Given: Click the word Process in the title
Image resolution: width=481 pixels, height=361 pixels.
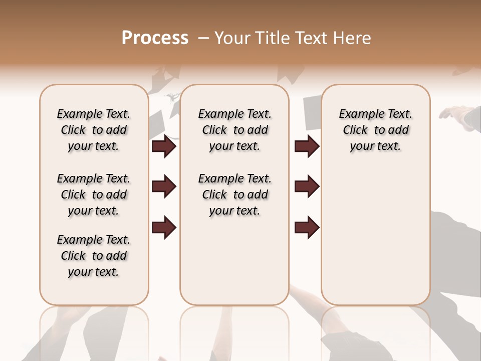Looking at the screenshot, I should coord(155,38).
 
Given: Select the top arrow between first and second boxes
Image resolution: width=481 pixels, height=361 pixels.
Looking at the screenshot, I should coord(164,146).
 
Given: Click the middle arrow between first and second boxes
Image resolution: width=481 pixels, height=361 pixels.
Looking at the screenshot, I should coord(164,187).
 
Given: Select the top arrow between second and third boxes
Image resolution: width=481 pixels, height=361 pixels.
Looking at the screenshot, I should coord(307,146).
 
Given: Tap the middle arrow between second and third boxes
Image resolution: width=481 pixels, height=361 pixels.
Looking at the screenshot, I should coord(307,187).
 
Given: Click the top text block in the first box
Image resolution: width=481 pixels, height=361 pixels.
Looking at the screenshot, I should coord(94,130).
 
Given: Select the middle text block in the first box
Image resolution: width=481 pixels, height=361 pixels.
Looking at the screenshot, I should coord(94,195).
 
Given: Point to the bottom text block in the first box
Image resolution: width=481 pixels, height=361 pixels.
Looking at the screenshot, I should coord(94,256).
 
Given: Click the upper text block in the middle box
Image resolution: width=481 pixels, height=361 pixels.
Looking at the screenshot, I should coord(234,130).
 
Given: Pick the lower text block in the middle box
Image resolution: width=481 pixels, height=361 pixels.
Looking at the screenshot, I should coord(234,195).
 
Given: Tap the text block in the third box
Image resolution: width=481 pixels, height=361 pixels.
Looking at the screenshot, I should coord(375,130).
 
